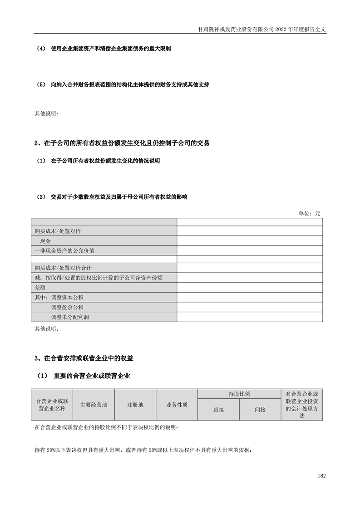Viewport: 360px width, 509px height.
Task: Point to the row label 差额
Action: pyautogui.click(x=40, y=288)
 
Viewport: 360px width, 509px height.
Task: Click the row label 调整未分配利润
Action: pyautogui.click(x=70, y=317)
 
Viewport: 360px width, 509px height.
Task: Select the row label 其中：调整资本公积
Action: pyautogui.click(x=59, y=297)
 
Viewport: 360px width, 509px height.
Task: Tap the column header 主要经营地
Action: pyautogui.click(x=94, y=405)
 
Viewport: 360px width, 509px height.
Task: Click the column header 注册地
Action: pyautogui.click(x=135, y=405)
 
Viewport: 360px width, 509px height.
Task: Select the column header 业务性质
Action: pyautogui.click(x=177, y=405)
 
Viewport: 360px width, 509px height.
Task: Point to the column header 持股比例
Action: pyautogui.click(x=239, y=394)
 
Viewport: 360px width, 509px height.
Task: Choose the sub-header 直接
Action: pyautogui.click(x=219, y=410)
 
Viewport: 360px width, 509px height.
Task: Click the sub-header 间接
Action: pyautogui.click(x=260, y=410)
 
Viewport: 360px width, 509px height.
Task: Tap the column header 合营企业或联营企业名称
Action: pyautogui.click(x=52, y=405)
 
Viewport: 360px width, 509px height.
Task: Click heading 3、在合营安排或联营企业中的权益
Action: pyautogui.click(x=84, y=358)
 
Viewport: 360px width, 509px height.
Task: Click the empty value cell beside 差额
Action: pyautogui.click(x=250, y=288)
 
